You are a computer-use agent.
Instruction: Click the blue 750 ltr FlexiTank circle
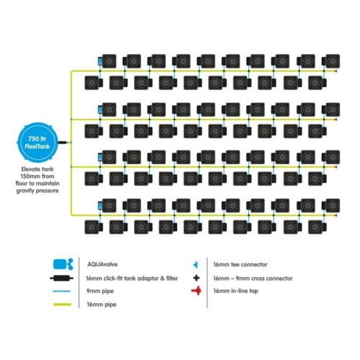coord(37,142)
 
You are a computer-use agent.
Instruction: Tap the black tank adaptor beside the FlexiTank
coord(63,143)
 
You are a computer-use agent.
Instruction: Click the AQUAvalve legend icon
coord(63,264)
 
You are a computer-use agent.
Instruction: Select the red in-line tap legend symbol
coord(197,291)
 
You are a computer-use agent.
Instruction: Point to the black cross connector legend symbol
coord(197,278)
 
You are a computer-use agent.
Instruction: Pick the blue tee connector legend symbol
coord(196,265)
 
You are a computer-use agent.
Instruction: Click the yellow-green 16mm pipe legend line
coord(63,305)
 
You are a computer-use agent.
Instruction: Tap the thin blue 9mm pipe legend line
coord(62,291)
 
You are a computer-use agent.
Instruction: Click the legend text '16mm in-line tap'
coord(235,291)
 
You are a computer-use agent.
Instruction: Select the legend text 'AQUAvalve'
coord(102,264)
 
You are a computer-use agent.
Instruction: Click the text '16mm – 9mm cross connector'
coord(253,279)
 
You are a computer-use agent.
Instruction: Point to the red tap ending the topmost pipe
coord(336,71)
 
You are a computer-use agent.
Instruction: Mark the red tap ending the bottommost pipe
coord(336,215)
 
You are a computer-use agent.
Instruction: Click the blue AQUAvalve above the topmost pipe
coord(100,61)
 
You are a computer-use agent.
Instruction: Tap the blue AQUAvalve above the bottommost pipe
coord(100,206)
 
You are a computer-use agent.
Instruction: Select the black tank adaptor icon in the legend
coord(62,279)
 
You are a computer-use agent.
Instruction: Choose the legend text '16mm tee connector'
coord(240,264)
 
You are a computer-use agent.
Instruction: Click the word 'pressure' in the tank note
coord(46,191)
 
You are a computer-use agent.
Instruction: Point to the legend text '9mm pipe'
coord(100,291)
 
